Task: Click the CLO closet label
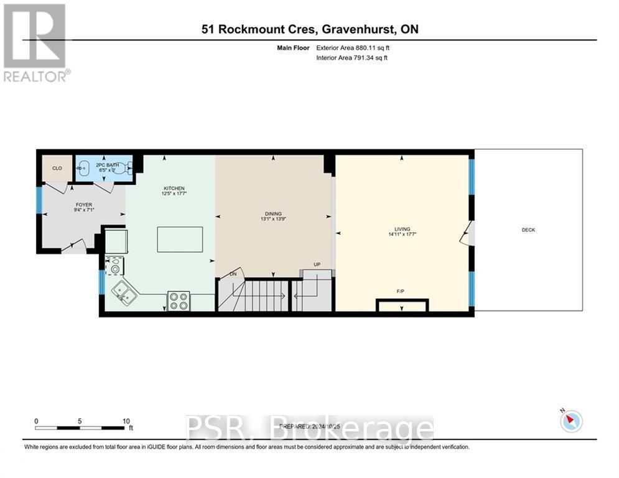coord(57,168)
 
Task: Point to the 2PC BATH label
coord(103,165)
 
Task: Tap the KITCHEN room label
coord(174,189)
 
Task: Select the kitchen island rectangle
coord(180,240)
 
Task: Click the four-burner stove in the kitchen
coord(179,301)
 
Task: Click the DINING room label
coord(273,213)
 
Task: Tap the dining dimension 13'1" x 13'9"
coord(273,219)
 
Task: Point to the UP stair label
coord(317,265)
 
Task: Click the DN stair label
coord(233,274)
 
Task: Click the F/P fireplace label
coord(401,291)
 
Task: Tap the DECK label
coord(528,230)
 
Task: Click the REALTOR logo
coord(35,42)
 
